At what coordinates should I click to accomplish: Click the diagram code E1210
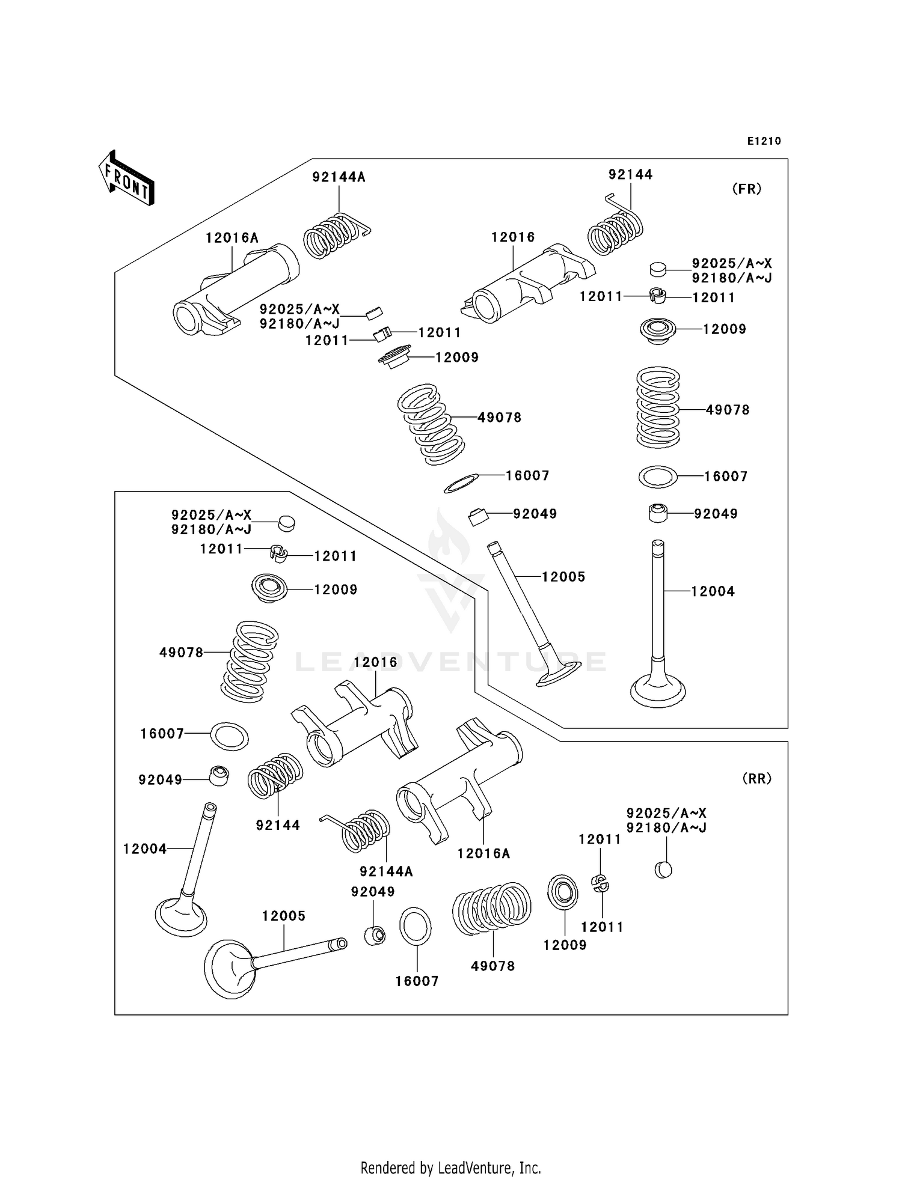(x=764, y=141)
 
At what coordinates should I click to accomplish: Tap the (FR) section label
(x=747, y=189)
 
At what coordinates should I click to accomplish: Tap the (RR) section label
(x=756, y=778)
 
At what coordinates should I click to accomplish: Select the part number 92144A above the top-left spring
(x=339, y=177)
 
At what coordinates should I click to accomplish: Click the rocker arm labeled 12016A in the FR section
(x=235, y=288)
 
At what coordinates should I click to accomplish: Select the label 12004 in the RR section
(x=145, y=848)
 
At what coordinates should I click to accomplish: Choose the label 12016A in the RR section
(x=483, y=853)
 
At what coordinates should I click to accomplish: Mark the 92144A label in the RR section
(x=386, y=871)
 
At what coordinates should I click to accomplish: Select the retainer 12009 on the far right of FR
(x=657, y=330)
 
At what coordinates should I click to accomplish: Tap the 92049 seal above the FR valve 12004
(x=658, y=513)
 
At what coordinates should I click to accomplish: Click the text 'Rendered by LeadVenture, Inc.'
(x=450, y=1168)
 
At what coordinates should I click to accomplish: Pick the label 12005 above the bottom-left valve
(x=283, y=916)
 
